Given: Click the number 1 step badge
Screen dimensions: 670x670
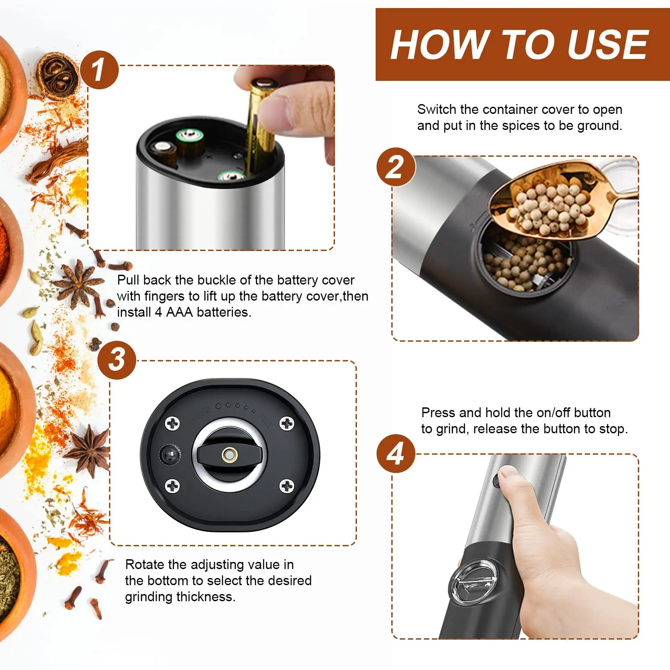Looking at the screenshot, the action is [x=99, y=70].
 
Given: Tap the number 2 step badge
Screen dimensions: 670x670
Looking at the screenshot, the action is [x=396, y=167].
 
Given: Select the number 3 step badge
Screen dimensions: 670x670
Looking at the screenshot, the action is [x=117, y=360].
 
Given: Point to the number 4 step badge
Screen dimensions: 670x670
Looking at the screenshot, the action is [x=396, y=453].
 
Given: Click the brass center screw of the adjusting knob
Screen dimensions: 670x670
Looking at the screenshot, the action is [x=229, y=455].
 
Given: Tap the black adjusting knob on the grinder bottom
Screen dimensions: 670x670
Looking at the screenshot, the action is [x=229, y=455].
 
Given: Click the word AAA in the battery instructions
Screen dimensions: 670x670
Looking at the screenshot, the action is [x=179, y=312].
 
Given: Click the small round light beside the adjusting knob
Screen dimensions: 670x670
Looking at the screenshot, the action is [x=170, y=455].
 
